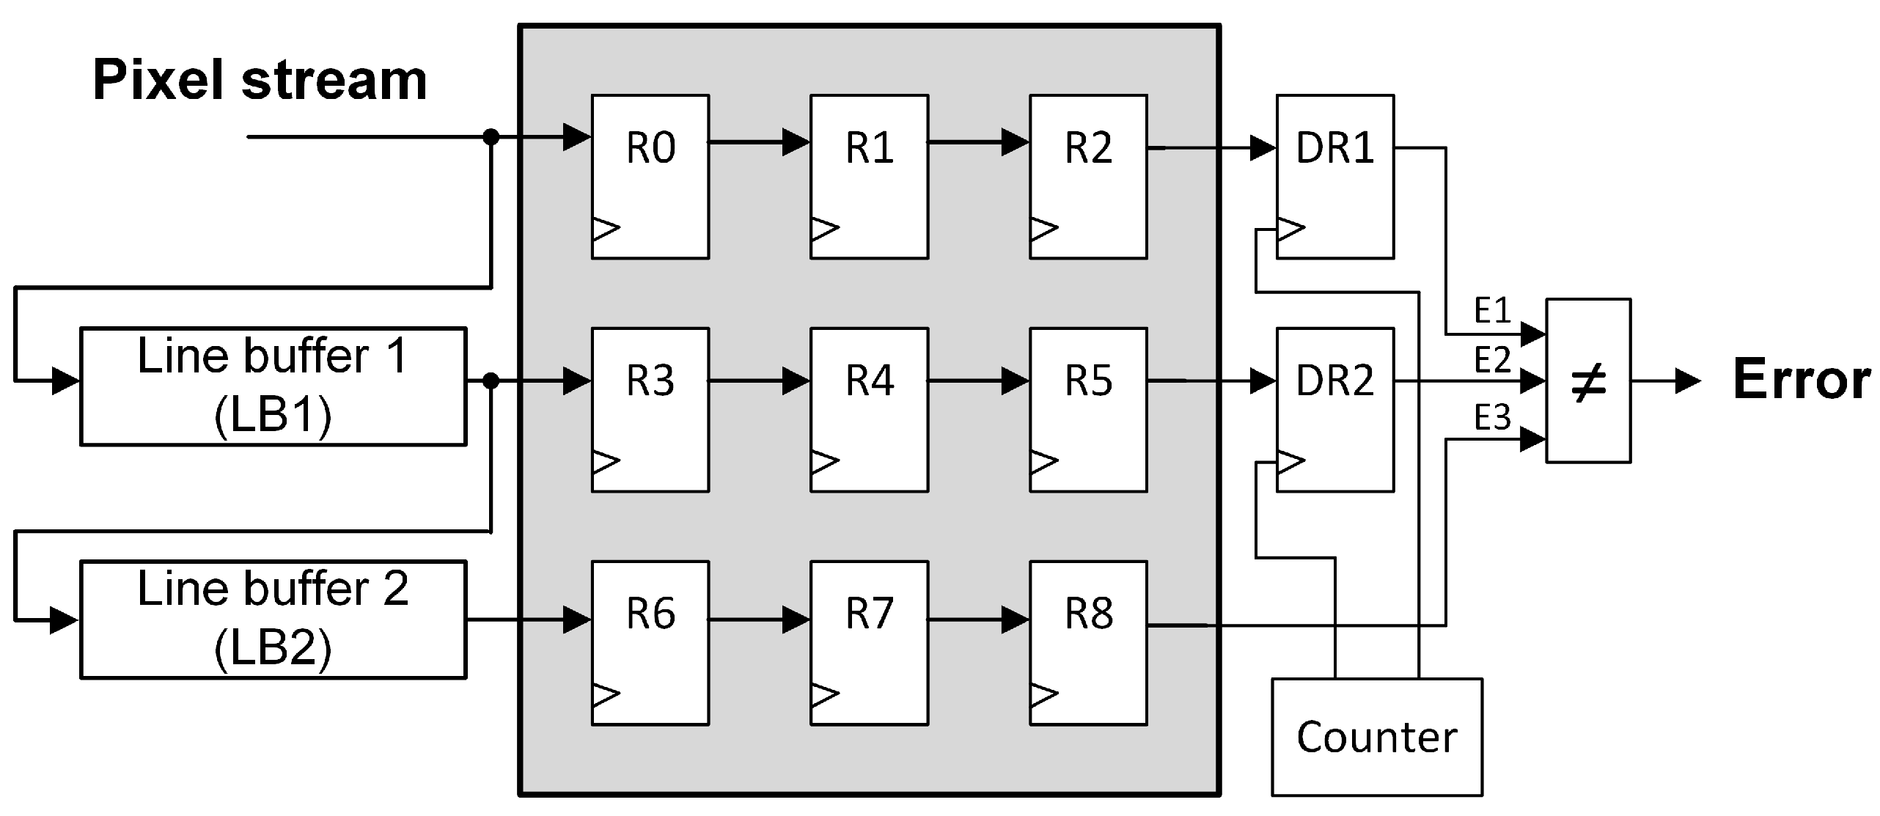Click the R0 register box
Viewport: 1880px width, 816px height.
(650, 176)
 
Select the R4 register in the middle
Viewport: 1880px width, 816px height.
(869, 409)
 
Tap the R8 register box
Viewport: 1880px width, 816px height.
(1088, 642)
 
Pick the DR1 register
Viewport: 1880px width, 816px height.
(1334, 176)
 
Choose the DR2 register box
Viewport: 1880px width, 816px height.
(1334, 409)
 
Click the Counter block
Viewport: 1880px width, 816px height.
(1376, 736)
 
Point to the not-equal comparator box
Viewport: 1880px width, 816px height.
(1588, 381)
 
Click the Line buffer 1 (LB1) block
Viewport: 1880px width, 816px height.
(273, 386)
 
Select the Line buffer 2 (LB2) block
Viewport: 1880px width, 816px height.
(273, 620)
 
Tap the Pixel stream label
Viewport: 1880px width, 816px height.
(260, 80)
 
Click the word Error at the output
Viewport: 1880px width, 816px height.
(1801, 380)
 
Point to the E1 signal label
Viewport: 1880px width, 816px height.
(1492, 311)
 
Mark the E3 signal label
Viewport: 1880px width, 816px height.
(1492, 418)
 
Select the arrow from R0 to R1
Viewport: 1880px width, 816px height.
(760, 141)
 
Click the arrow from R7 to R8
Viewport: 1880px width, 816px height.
(979, 620)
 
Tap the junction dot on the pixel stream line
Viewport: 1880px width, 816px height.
(491, 136)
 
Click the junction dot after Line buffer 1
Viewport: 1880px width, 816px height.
(491, 381)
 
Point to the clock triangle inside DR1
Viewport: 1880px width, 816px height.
(1290, 229)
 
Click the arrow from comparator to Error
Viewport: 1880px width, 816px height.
(1665, 381)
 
